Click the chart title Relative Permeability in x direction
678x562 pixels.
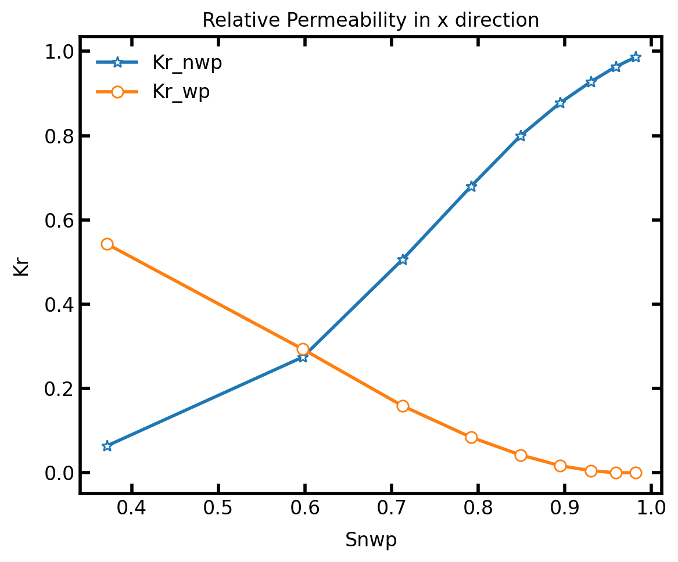click(x=371, y=20)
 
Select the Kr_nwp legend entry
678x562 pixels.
click(x=186, y=63)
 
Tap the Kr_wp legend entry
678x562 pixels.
click(x=181, y=92)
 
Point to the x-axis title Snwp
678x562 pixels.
click(x=371, y=540)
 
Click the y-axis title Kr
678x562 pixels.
click(x=21, y=266)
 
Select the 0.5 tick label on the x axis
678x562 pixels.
click(x=218, y=509)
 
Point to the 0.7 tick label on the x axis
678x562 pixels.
click(x=392, y=509)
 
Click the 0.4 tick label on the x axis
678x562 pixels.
click(x=132, y=509)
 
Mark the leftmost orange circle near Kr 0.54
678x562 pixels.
click(x=107, y=244)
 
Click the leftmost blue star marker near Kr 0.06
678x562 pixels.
click(x=107, y=446)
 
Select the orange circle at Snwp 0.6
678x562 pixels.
click(x=303, y=349)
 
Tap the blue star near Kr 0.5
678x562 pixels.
click(x=403, y=260)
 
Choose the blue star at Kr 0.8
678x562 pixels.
click(x=521, y=136)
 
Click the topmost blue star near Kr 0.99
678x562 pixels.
click(x=636, y=57)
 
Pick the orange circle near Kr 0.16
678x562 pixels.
click(x=403, y=406)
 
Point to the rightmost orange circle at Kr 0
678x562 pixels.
click(x=636, y=473)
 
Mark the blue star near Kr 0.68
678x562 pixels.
click(x=471, y=186)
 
